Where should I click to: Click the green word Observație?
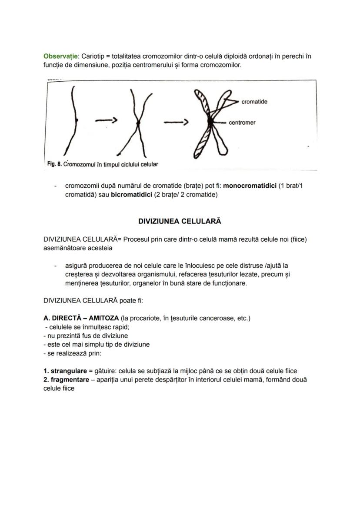(60, 56)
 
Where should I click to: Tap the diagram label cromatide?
(254, 102)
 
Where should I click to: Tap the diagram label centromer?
(242, 123)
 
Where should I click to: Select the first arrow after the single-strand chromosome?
(107, 122)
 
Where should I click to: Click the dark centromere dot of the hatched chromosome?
(211, 123)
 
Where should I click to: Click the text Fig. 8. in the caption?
(54, 165)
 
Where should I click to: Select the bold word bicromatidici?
(131, 195)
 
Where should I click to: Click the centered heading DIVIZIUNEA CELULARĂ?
(180, 221)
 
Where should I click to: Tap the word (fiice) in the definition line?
(298, 239)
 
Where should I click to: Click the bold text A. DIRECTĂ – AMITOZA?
(81, 319)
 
